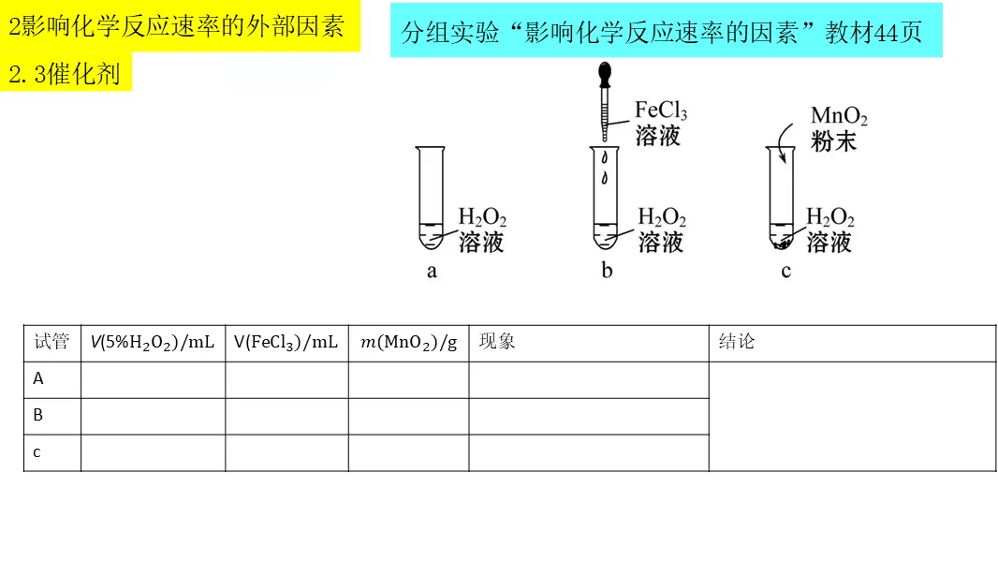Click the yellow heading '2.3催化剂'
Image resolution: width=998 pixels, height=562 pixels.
coord(66,73)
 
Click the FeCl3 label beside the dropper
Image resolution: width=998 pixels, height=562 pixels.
coord(660,111)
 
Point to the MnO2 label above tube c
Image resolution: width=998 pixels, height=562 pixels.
coord(838,117)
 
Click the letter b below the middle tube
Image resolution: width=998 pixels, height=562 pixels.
coord(607,272)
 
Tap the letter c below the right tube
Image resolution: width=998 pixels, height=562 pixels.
coord(785,272)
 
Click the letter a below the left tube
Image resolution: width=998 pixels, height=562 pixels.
coord(432,272)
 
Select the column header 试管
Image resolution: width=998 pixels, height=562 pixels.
coord(51,342)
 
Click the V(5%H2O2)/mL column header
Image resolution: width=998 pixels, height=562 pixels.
coord(153,343)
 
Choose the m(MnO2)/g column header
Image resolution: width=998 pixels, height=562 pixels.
coord(408,343)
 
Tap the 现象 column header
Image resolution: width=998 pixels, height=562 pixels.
coord(497,342)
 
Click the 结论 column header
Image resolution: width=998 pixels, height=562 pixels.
coord(737,342)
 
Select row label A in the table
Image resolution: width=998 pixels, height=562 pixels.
coord(38,379)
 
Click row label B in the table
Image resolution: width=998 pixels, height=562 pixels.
coord(38,416)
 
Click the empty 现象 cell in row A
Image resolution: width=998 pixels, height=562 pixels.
coord(588,379)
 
